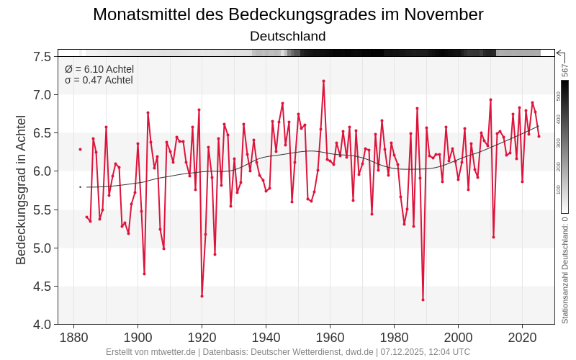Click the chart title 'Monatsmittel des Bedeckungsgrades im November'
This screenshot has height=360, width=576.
pos(288,14)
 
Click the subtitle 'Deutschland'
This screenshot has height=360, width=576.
pos(288,36)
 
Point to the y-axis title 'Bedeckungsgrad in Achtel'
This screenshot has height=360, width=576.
pos(21,190)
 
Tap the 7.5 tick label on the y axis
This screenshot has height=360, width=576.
pos(42,57)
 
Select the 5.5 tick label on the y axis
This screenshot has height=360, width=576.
pos(42,210)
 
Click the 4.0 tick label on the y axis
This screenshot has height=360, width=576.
pos(42,325)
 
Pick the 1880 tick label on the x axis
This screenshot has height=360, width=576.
pos(73,338)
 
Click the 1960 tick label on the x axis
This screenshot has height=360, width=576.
pos(330,338)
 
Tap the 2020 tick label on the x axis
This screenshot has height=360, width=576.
pos(522,338)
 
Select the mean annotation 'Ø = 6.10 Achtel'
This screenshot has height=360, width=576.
pos(99,69)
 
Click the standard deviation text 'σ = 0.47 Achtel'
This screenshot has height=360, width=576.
pos(99,80)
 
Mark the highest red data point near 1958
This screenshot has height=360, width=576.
pos(323,81)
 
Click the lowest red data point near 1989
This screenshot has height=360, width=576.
pos(423,300)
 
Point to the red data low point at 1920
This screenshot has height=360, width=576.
pos(202,296)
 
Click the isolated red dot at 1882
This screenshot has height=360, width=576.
pos(80,149)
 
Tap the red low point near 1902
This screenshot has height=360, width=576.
pos(144,274)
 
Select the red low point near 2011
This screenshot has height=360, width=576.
pos(493,237)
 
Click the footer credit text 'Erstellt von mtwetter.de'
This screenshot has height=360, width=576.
pos(150,352)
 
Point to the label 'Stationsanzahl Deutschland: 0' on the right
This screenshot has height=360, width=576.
pos(565,271)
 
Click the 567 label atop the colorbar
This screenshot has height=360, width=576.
pos(565,70)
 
